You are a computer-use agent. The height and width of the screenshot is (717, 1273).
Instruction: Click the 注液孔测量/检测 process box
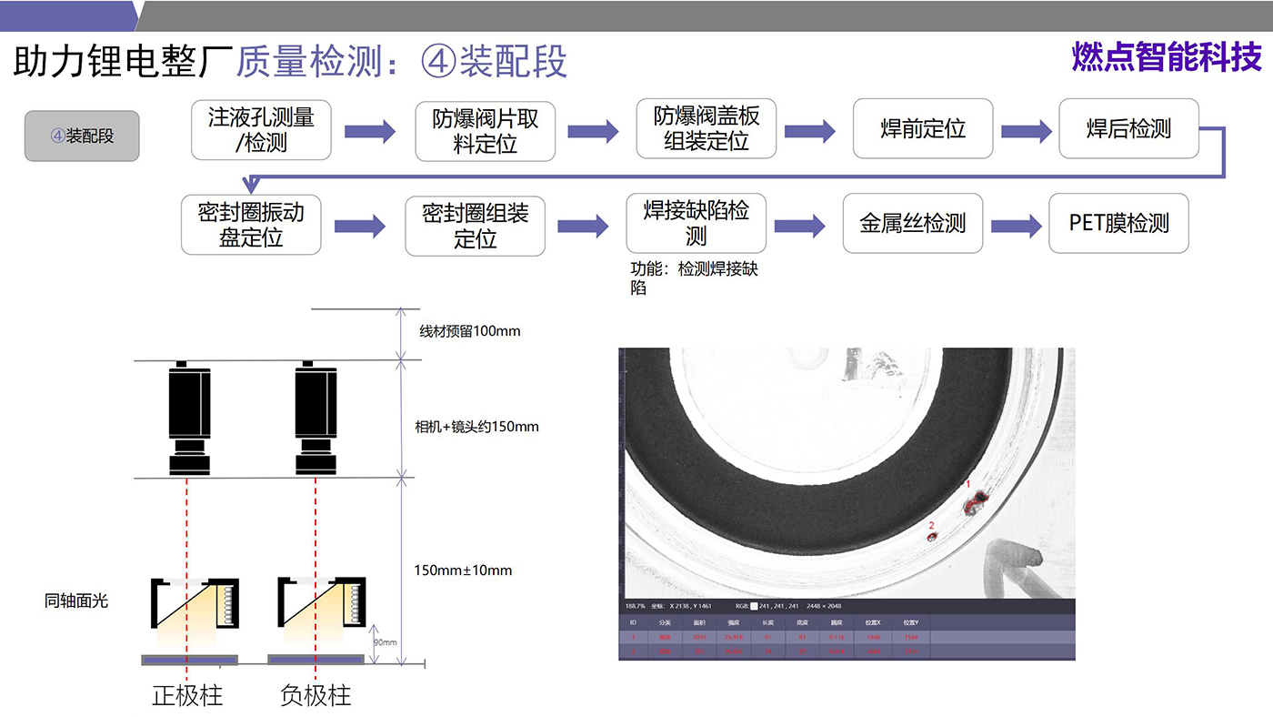click(261, 130)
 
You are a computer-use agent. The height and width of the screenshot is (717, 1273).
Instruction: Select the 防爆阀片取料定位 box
click(485, 131)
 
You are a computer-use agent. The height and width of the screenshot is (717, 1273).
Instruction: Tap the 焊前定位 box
click(923, 129)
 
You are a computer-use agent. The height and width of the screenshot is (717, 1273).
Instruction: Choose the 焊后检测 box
click(1128, 129)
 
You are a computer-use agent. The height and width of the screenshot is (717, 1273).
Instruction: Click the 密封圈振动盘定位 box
click(251, 225)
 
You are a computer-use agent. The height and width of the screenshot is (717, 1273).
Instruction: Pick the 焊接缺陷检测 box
click(696, 223)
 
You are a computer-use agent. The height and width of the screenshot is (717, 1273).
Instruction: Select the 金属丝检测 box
click(912, 223)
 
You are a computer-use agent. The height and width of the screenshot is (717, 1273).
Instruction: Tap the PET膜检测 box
click(1118, 223)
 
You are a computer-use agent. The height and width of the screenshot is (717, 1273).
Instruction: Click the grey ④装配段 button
click(82, 136)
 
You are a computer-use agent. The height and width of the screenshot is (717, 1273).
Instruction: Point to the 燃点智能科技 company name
click(1167, 57)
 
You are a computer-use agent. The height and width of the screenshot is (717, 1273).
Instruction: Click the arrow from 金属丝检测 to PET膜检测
click(1016, 226)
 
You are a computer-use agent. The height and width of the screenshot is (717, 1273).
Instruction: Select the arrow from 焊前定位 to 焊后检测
click(1026, 132)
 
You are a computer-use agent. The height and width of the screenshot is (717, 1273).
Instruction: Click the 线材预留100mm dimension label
click(469, 331)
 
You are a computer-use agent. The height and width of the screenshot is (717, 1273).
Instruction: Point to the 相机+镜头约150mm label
click(476, 426)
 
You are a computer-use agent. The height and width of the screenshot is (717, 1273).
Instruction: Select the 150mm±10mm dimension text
click(463, 571)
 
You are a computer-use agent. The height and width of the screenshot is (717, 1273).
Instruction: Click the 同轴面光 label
click(76, 601)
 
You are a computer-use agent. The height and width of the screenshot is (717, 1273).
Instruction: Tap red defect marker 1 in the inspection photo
click(977, 499)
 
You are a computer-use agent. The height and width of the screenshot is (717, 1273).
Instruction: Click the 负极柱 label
click(316, 696)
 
